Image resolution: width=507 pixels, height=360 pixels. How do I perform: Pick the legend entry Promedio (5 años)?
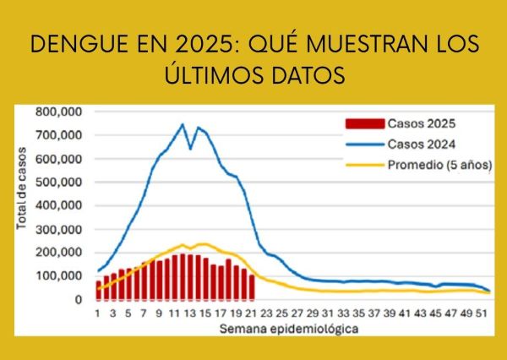pos(440,163)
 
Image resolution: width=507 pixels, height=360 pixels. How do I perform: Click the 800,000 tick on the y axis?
pos(59,112)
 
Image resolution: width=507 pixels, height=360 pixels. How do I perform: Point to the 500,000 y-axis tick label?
pos(59,182)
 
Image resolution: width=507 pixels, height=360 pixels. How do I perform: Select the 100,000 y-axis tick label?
pos(59,276)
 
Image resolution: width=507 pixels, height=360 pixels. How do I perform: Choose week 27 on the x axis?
pos(298,313)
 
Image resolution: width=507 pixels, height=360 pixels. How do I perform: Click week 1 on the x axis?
pos(98,313)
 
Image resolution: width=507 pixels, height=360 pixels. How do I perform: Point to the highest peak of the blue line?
pos(182,124)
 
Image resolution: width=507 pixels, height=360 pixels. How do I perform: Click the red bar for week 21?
pos(252,287)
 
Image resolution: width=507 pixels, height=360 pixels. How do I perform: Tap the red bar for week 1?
pos(98,289)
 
